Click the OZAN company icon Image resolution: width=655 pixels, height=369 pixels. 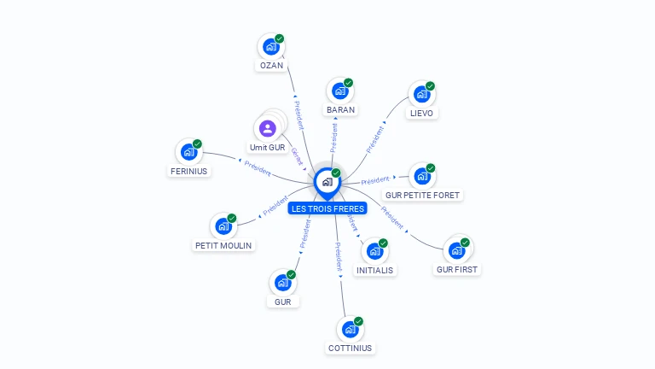(x=271, y=46)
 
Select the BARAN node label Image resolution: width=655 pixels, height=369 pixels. (x=340, y=109)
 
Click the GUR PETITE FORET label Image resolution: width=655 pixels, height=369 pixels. (x=422, y=195)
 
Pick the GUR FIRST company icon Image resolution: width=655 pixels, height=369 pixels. (x=457, y=249)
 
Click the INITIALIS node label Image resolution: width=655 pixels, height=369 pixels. (x=375, y=270)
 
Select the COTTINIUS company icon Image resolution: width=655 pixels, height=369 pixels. (x=350, y=328)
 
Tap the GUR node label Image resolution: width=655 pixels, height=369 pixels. (x=283, y=302)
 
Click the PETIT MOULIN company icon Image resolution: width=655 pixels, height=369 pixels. (x=223, y=225)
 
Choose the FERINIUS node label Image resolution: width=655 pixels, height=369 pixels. (x=188, y=171)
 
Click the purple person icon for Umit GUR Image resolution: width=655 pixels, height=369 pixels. (x=268, y=129)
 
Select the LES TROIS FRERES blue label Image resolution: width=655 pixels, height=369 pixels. (x=327, y=208)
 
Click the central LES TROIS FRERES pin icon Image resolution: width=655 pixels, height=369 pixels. (x=327, y=182)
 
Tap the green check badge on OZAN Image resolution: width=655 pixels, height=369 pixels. (x=279, y=38)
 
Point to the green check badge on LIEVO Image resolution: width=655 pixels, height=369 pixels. (x=430, y=85)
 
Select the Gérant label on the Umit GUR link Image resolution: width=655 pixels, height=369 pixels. (x=297, y=155)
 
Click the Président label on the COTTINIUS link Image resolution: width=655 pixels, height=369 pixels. (x=339, y=256)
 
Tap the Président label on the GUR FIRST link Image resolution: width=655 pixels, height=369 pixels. (x=391, y=219)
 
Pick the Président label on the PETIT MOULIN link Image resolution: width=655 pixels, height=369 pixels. (x=275, y=207)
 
